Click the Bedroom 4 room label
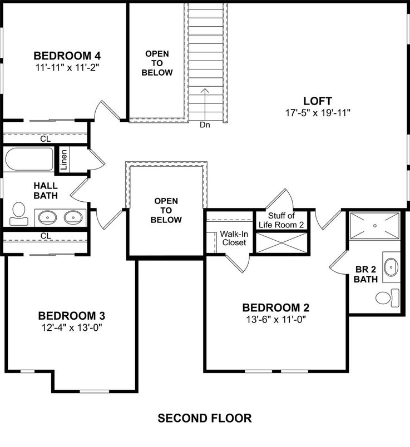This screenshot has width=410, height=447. coord(67,56)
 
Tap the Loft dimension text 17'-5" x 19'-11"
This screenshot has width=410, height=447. coord(318,112)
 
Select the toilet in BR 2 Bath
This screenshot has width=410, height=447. coord(387,297)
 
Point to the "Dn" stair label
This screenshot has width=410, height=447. coord(205,125)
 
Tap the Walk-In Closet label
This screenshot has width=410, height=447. coord(233,239)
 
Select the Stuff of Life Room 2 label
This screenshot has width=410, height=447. coord(281,220)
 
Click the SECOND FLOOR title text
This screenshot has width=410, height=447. coord(205,418)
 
